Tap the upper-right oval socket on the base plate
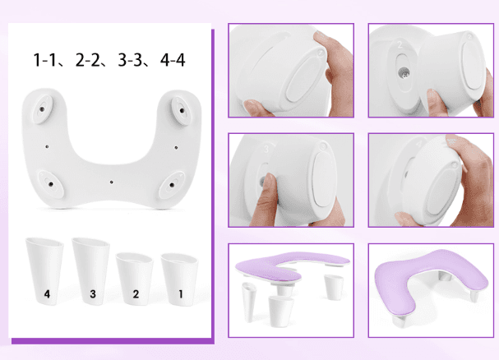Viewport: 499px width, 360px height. [180, 107]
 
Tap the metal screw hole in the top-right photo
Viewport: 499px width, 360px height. [403, 73]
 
